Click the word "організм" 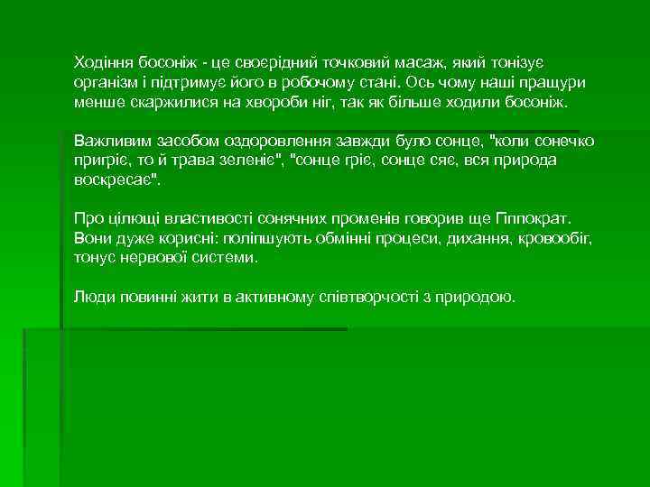[x=107, y=83]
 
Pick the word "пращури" [x=552, y=83]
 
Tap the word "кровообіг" [x=551, y=239]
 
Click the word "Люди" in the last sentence [x=92, y=298]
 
